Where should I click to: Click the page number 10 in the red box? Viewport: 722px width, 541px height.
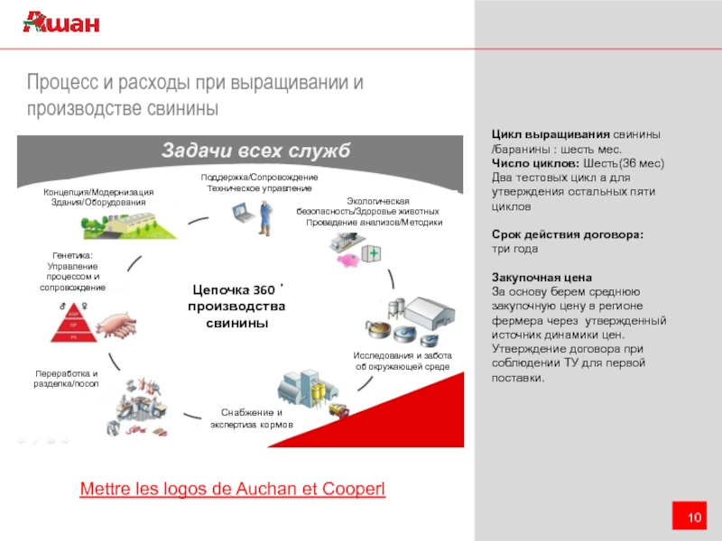[x=694, y=517]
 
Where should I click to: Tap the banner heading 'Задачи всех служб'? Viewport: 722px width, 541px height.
[x=255, y=150]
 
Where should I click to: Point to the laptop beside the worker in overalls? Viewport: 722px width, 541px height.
[x=241, y=214]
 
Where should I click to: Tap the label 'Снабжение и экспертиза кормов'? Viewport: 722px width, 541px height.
[x=253, y=418]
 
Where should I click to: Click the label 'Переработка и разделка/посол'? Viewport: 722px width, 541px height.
[x=66, y=379]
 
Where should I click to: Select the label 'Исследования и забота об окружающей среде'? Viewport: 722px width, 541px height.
[x=403, y=362]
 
